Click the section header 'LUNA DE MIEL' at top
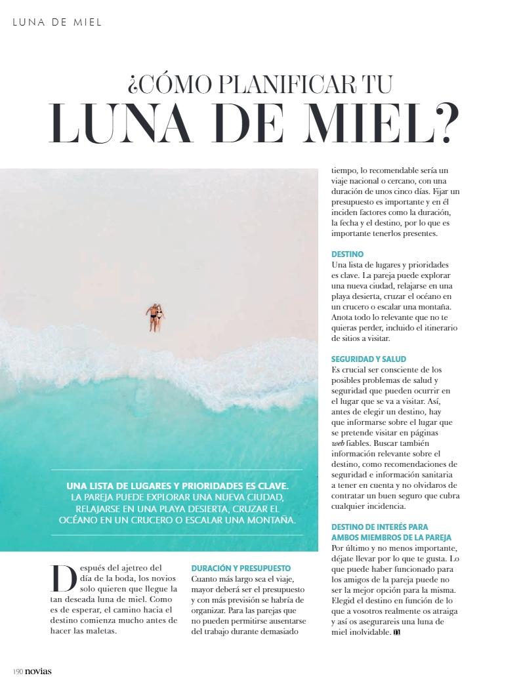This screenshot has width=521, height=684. [x=57, y=22]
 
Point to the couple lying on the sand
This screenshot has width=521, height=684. [x=155, y=317]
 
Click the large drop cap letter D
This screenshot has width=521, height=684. [x=62, y=578]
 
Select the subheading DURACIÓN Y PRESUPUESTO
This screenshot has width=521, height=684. [x=241, y=568]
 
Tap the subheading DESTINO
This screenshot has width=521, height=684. [x=347, y=254]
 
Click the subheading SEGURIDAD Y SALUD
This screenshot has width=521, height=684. [x=369, y=359]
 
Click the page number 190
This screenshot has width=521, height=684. [x=18, y=671]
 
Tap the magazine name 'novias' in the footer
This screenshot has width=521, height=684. [x=39, y=671]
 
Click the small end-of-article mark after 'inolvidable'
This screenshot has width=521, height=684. [x=396, y=632]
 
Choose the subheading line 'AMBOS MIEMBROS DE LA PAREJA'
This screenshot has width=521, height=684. [x=391, y=537]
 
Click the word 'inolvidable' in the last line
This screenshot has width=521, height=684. [x=367, y=632]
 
